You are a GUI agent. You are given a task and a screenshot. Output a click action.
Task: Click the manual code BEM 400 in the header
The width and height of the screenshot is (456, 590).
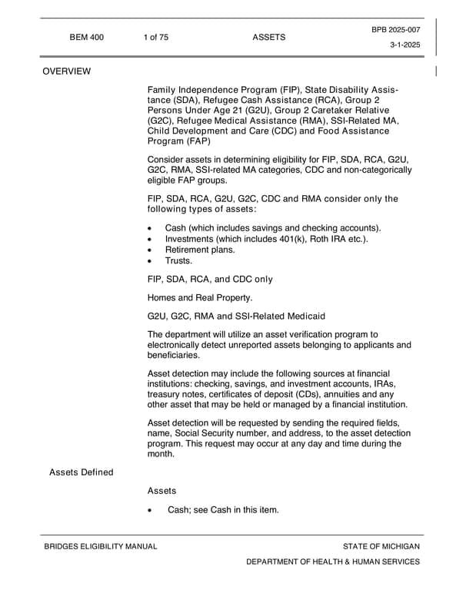coord(86,37)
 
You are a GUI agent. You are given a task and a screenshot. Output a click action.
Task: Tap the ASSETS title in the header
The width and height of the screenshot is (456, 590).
coord(268,37)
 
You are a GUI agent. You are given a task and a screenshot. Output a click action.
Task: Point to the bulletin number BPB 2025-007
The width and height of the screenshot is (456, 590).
coord(396,29)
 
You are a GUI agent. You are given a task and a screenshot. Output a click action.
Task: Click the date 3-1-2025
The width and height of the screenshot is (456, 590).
coord(405,45)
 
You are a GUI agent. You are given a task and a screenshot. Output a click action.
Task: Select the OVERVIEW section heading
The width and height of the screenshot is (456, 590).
coord(66,71)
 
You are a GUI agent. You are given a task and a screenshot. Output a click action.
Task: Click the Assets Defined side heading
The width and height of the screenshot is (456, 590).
coord(81,472)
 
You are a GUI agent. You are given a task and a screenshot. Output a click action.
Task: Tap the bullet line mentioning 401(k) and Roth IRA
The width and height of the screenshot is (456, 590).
coord(266,239)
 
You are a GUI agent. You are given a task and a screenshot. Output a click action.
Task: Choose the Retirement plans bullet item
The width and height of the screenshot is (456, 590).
coord(200,250)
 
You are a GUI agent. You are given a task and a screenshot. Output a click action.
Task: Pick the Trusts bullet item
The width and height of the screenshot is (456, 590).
coord(178,260)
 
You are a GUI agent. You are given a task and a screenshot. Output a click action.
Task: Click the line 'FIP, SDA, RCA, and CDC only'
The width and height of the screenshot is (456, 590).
coord(210,279)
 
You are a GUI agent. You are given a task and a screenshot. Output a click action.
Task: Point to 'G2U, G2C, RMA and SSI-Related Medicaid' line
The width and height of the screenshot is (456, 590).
coord(236,316)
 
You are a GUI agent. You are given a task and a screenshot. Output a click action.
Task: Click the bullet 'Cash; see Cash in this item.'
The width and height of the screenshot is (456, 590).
coord(223,510)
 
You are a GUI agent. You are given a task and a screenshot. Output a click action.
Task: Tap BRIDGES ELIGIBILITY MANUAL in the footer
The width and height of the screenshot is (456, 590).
coord(100,546)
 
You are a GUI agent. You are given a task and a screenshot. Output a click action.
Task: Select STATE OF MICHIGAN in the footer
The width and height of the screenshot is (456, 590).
coord(381,546)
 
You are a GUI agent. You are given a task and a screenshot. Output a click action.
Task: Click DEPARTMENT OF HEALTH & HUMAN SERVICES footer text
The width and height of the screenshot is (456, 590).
coord(333,562)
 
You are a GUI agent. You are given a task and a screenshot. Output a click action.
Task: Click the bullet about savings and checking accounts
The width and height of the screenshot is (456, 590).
coord(273,228)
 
